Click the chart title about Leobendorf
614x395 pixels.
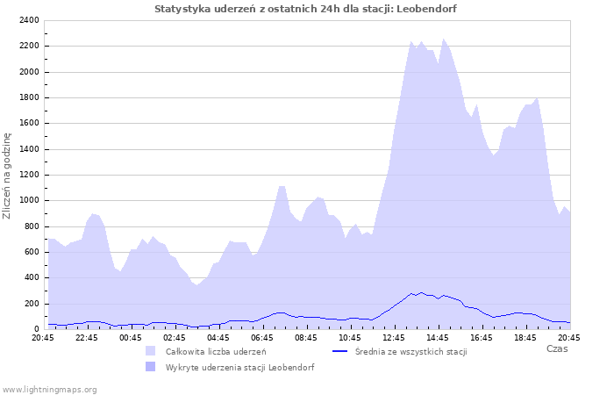(x=305, y=9)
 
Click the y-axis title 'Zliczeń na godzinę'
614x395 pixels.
(x=7, y=176)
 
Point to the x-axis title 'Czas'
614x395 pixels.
(x=556, y=348)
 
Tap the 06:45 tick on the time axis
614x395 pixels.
(x=262, y=337)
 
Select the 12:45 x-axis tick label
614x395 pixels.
(x=394, y=337)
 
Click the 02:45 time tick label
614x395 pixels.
(x=175, y=337)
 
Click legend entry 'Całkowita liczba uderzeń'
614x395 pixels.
(x=216, y=351)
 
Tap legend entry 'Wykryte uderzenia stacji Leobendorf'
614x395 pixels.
(x=239, y=367)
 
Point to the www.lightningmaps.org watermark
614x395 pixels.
(x=50, y=389)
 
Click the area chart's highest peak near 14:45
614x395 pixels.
(x=444, y=39)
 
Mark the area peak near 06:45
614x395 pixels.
(x=282, y=186)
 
